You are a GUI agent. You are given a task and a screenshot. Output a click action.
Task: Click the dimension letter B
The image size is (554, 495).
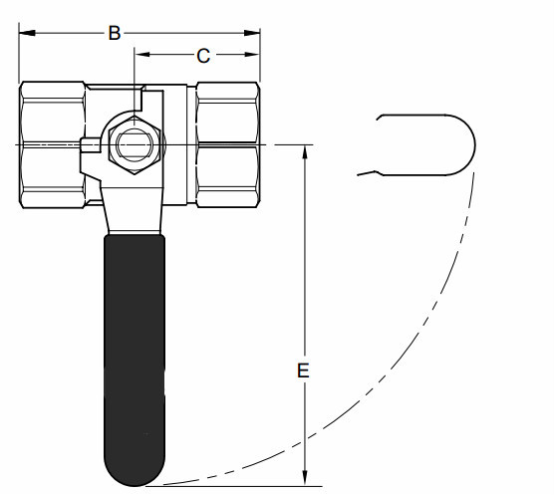pos(115,33)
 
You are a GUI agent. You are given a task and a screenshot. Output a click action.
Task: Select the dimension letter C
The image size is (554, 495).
pos(202,56)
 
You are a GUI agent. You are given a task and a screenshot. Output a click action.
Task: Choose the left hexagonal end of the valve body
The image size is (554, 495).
pos(51,145)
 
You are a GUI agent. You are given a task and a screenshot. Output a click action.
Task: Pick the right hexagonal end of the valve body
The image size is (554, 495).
pos(227,145)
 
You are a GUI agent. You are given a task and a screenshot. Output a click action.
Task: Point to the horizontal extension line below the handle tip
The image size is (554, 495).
pos(229,487)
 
